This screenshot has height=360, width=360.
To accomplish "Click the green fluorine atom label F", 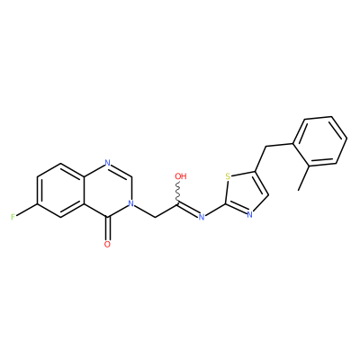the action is pyautogui.click(x=13, y=217).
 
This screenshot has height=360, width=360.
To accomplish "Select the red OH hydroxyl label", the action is pyautogui.click(x=181, y=176).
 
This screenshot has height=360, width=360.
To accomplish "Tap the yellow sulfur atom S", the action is pyautogui.click(x=228, y=176).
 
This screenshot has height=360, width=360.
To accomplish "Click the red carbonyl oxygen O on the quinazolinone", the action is pyautogui.click(x=107, y=244).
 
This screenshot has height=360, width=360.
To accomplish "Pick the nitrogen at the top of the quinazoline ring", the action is pyautogui.click(x=107, y=163).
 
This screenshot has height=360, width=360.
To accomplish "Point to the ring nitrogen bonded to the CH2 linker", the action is pyautogui.click(x=130, y=203).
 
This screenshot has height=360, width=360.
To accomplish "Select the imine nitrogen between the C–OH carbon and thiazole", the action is pyautogui.click(x=202, y=217).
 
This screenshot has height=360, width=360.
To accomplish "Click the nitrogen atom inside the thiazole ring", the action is pyautogui.click(x=249, y=214).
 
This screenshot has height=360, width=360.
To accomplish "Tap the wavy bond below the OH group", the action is pyautogui.click(x=179, y=193).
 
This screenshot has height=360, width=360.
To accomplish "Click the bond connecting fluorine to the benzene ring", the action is pyautogui.click(x=26, y=210).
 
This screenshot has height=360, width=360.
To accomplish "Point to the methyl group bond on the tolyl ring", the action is pyautogui.click(x=305, y=177).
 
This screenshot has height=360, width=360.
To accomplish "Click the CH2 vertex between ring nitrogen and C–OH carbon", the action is pyautogui.click(x=155, y=217).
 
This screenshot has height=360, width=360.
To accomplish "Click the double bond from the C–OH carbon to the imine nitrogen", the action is pyautogui.click(x=188, y=210).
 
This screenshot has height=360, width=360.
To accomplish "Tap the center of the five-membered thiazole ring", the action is pyautogui.click(x=246, y=192).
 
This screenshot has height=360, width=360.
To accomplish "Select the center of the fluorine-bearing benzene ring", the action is pyautogui.click(x=60, y=190).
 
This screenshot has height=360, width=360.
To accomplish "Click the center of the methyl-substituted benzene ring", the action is pyautogui.click(x=319, y=140).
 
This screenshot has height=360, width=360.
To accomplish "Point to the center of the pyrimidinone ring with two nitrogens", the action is pyautogui.click(x=107, y=190).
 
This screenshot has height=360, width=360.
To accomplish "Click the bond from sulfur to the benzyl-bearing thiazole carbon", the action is pyautogui.click(x=243, y=174).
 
